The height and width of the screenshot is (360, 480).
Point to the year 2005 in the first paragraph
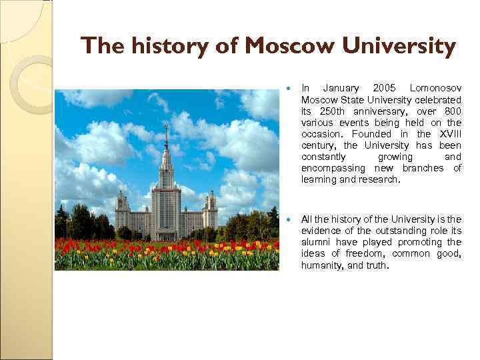[384, 88]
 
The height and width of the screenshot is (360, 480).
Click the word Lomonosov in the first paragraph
[435, 88]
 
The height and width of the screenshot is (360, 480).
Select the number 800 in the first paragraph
[452, 111]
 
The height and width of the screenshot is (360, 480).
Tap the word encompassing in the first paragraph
[331, 168]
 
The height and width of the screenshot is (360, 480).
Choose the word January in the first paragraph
[340, 88]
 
